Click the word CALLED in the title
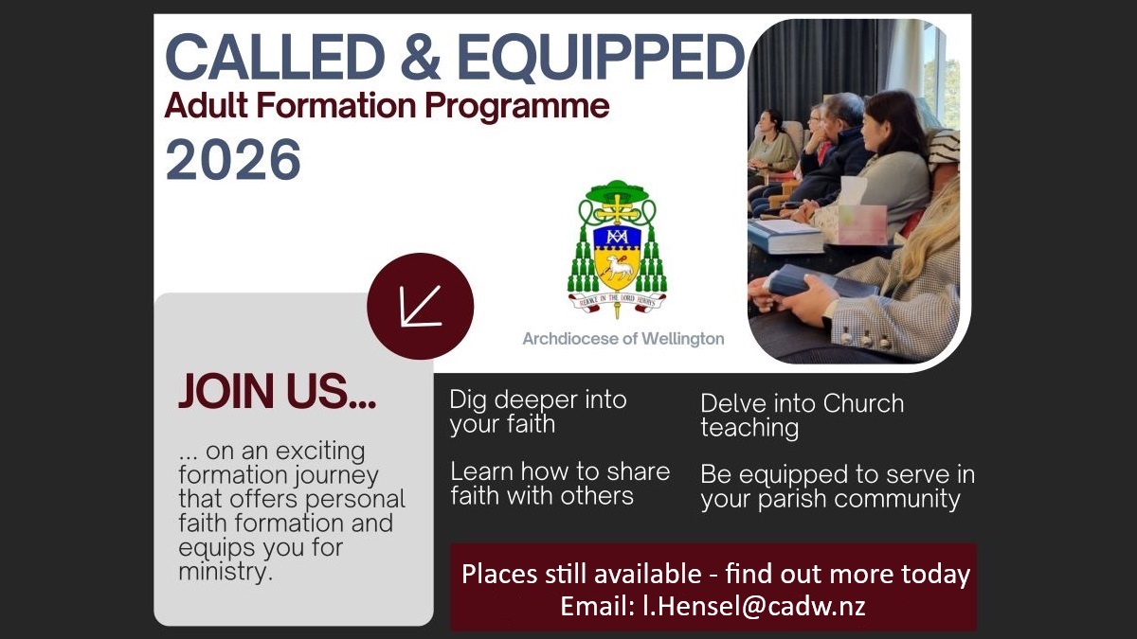click(275, 57)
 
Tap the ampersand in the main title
click(421, 57)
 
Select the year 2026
click(233, 160)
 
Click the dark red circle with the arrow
click(421, 307)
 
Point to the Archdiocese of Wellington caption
click(623, 339)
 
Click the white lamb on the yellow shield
click(618, 267)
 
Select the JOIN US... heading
click(277, 391)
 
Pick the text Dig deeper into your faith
click(538, 412)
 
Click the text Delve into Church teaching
click(802, 416)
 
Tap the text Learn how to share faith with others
click(560, 484)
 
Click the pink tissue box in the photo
click(862, 223)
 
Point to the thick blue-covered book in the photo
click(785, 237)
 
